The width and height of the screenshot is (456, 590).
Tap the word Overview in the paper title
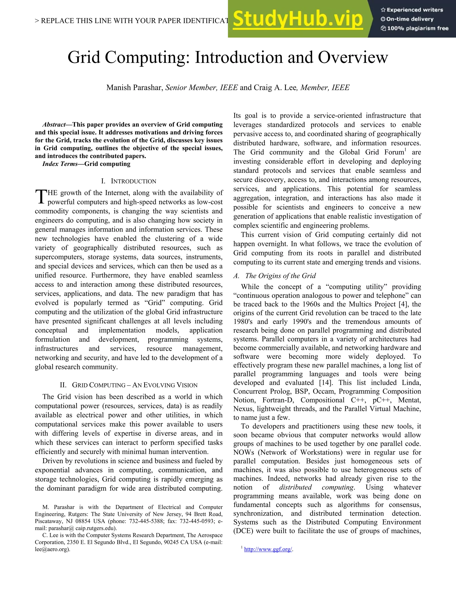click(x=353, y=57)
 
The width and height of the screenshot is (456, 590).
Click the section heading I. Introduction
click(x=129, y=181)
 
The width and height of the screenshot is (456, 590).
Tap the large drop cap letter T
click(x=41, y=197)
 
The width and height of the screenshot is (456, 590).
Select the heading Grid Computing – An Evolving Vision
click(x=129, y=385)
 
